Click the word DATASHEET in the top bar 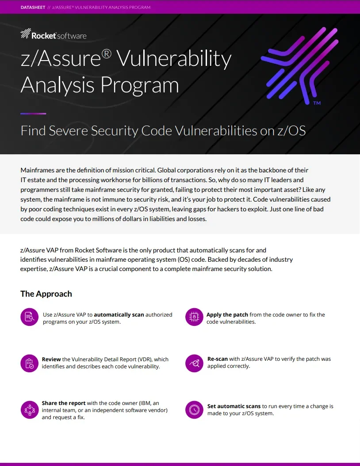[x=33, y=7]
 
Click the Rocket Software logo [x=54, y=34]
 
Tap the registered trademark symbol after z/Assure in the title [x=107, y=54]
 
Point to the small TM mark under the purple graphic [x=317, y=103]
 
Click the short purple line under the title [x=33, y=114]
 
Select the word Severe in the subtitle [x=69, y=131]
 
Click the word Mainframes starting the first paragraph [x=38, y=170]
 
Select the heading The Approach [x=46, y=294]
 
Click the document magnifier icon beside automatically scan [x=30, y=317]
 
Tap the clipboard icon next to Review [x=30, y=363]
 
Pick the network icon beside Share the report [x=30, y=409]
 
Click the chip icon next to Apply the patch [x=194, y=317]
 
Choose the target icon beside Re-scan [x=194, y=363]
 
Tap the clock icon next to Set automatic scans [x=194, y=409]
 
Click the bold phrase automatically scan [x=119, y=315]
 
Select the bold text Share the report [x=64, y=403]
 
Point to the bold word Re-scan [x=218, y=359]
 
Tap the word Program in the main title [x=140, y=85]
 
